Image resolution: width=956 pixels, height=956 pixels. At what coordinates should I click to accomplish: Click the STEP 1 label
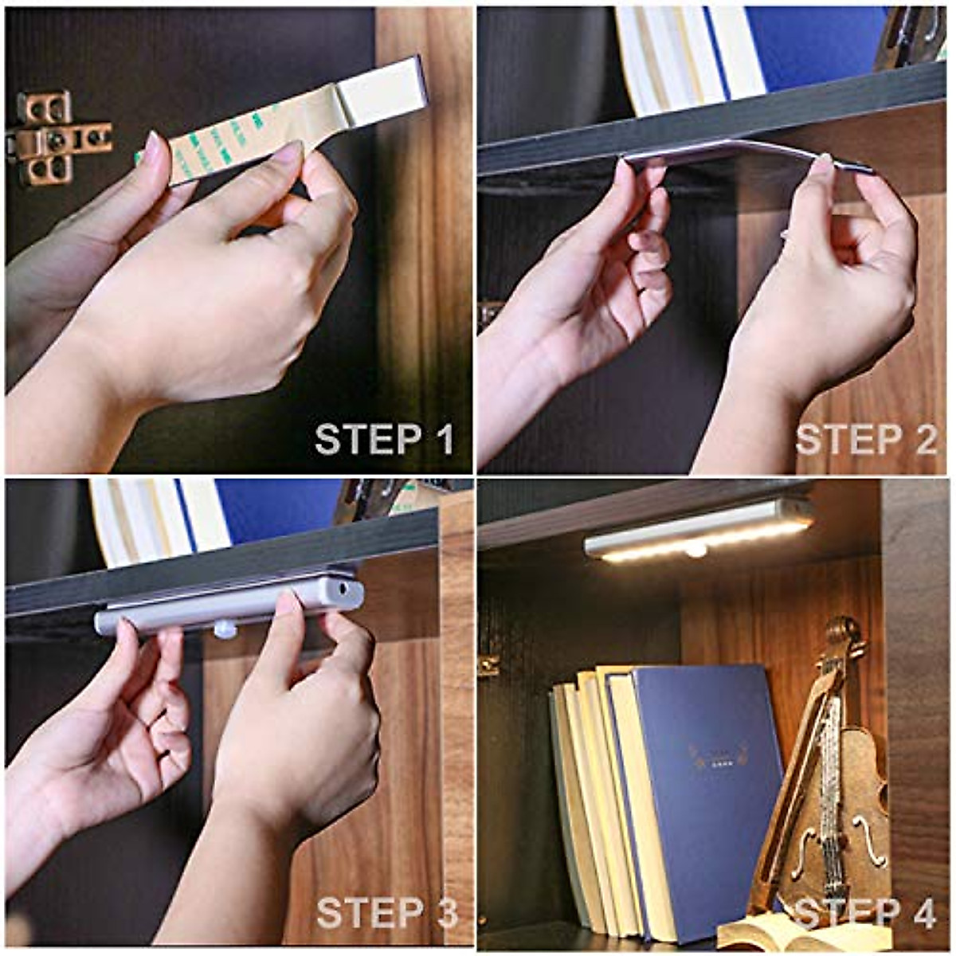click(384, 440)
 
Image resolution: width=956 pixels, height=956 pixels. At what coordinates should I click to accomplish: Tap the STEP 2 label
click(866, 440)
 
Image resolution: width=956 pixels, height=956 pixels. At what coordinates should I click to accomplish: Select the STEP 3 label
click(387, 913)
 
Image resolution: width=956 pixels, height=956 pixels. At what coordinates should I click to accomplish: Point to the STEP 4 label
click(866, 913)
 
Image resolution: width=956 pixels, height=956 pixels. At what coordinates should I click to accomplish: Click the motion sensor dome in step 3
click(225, 629)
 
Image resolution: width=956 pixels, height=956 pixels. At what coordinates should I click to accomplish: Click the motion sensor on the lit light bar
click(696, 549)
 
